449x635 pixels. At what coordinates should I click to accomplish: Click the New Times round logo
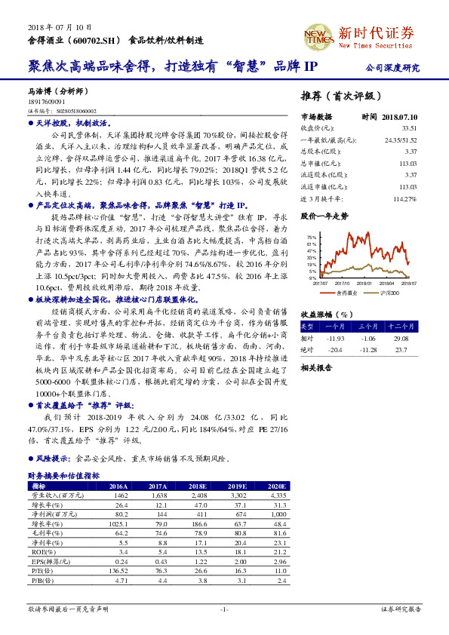click(318, 35)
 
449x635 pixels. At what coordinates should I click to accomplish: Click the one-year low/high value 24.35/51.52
click(401, 140)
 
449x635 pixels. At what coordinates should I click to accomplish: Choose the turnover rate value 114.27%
click(404, 198)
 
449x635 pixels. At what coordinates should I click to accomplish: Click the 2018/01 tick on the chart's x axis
click(364, 284)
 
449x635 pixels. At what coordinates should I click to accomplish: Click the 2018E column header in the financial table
click(198, 486)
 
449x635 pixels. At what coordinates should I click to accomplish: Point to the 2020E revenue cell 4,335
click(278, 495)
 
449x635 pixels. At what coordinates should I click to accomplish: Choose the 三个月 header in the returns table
click(368, 327)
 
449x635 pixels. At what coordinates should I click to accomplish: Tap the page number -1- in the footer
click(224, 609)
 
